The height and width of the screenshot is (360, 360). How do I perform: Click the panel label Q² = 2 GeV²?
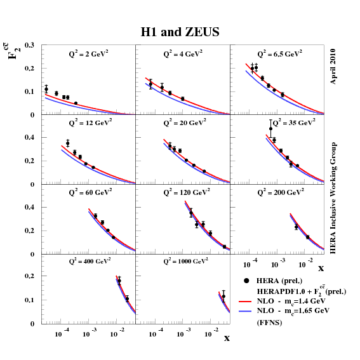(x=88, y=55)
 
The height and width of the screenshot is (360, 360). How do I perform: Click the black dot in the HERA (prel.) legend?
(x=246, y=281)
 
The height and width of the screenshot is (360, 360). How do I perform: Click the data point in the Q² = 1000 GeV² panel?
(x=223, y=296)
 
